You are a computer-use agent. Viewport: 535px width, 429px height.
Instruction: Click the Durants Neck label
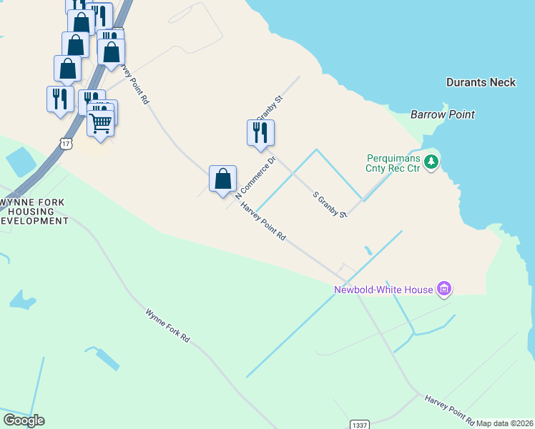pos(481,82)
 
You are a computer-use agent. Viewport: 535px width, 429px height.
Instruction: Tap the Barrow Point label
pos(443,114)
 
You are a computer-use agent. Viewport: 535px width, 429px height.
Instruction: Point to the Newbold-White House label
pos(384,290)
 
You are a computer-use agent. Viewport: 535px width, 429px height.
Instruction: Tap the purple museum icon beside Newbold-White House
pos(445,289)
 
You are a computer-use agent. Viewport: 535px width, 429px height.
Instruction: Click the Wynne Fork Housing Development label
pos(34,212)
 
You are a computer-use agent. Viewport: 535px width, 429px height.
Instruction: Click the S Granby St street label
pos(330,204)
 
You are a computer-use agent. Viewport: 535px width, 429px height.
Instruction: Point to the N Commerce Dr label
pos(255,179)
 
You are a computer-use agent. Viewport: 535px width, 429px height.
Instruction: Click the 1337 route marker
pos(360,425)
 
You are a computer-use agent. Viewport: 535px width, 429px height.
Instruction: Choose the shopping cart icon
pos(101,124)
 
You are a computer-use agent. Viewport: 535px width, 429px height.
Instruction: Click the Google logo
pos(24,420)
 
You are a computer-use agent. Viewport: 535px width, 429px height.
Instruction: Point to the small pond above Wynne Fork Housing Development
pos(22,162)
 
